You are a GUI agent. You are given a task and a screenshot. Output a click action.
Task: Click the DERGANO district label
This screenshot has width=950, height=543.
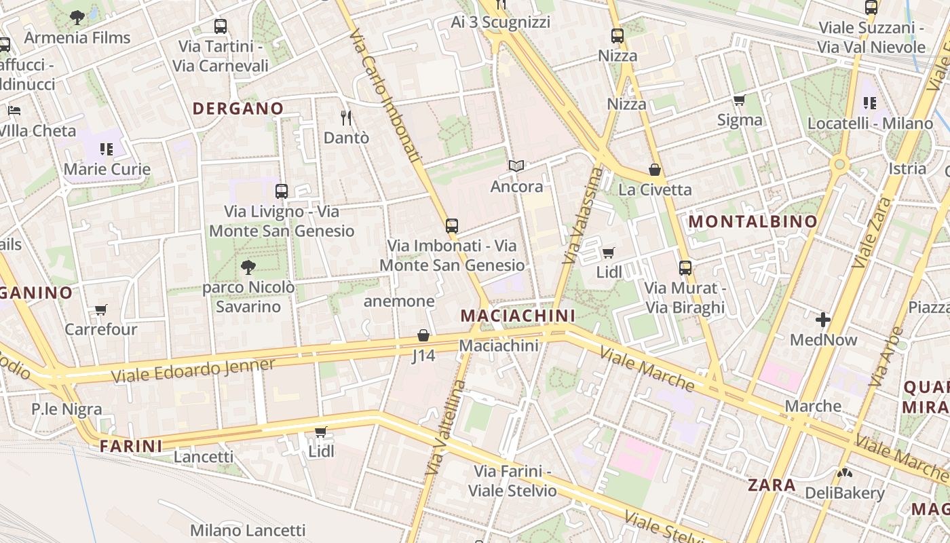coord(237,109)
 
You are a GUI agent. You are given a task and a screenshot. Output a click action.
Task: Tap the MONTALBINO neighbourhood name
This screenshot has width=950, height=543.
coord(753,221)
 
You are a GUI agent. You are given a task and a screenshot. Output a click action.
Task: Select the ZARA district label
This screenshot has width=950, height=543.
coord(772,485)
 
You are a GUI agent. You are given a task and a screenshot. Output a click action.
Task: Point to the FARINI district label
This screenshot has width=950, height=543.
coord(131,446)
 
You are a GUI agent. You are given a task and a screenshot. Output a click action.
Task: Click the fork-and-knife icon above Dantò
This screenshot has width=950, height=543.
coord(346,118)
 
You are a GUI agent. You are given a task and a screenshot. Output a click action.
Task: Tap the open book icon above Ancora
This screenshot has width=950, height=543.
coord(516,166)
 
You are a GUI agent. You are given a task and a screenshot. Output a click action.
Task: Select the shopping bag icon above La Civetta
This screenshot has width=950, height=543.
coord(655,170)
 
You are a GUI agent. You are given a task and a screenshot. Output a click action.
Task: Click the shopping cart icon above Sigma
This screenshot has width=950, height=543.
coord(739,100)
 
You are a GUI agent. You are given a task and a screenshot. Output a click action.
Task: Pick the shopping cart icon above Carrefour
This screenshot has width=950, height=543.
coord(101,310)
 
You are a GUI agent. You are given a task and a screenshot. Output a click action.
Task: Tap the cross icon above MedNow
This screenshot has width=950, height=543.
coord(823,319)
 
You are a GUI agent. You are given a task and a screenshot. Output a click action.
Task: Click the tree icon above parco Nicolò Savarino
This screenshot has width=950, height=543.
coord(248,267)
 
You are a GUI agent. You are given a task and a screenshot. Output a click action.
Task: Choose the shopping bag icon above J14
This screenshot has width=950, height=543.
coord(423,335)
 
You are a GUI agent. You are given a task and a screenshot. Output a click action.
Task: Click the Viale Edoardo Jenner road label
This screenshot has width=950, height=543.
coord(193,371)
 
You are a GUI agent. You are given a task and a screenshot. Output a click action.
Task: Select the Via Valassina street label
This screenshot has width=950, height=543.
coord(583,215)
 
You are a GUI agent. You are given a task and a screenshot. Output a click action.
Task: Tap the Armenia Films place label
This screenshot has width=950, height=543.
coord(77,37)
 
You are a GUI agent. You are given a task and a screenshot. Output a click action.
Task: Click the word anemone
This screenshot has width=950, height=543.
coord(399,301)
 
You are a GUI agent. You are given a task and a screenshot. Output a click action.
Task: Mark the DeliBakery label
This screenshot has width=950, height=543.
coord(845,493)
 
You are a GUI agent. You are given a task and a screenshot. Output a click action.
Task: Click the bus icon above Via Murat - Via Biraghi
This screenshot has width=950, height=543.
coord(685,268)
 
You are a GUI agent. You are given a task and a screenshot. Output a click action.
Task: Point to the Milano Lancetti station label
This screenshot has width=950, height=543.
coord(248,530)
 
